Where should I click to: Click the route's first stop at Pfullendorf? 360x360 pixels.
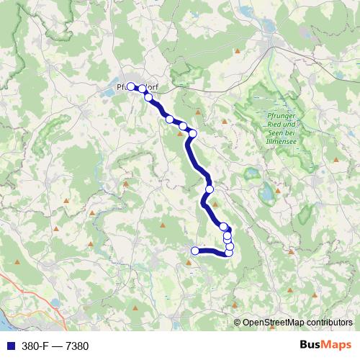[132, 87]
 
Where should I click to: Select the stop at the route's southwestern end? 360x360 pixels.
[194, 251]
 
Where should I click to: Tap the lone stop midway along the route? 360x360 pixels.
[210, 189]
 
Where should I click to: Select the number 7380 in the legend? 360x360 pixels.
[76, 346]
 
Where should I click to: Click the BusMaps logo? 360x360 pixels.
[326, 346]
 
